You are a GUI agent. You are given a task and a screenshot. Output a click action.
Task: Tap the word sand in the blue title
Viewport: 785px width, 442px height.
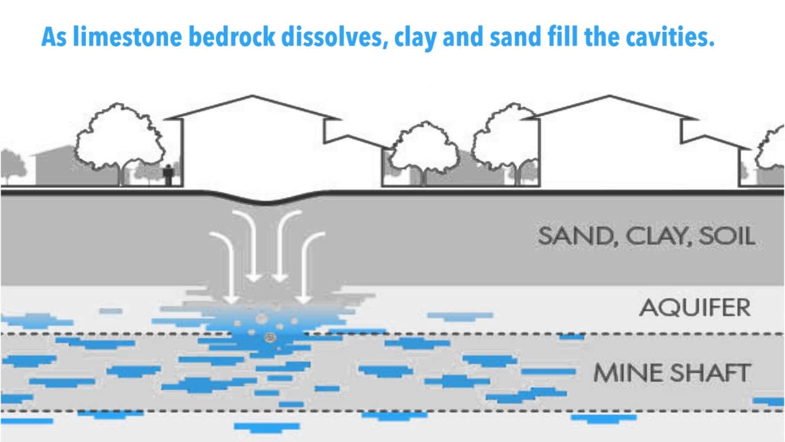point(515,38)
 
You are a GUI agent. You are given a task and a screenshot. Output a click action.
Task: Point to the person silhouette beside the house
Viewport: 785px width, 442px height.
point(168,175)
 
